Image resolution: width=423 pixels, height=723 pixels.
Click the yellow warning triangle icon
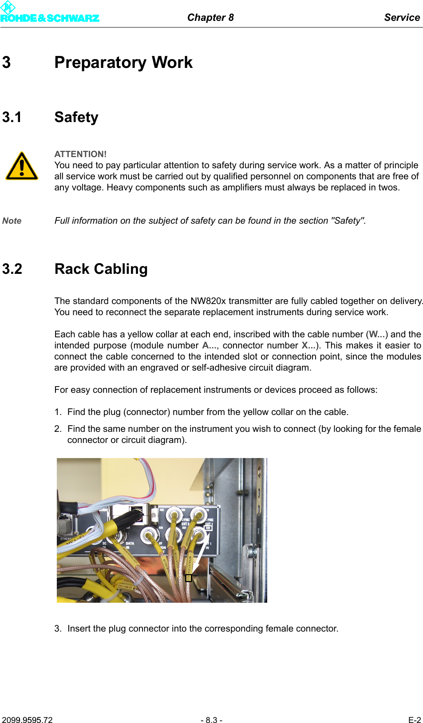pos(22,167)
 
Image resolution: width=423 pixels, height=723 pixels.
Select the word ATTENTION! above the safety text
pos(80,154)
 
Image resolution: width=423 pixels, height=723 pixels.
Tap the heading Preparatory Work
pos(123,63)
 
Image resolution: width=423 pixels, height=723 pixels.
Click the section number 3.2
pos(12,269)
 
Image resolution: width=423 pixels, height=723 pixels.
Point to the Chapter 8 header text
pos(210,17)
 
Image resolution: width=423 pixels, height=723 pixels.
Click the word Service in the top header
pos(402,17)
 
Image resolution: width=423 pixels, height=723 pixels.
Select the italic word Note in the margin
pos(12,221)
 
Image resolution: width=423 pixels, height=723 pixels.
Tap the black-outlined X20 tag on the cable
pos(188,578)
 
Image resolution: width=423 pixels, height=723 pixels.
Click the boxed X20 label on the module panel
pos(208,528)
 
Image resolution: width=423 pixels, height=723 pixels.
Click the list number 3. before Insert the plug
pos(58,628)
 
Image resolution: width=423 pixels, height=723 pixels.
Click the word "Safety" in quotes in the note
pos(348,221)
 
